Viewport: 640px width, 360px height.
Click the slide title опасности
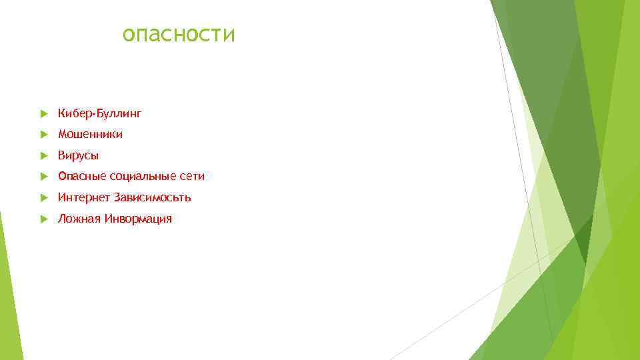[x=179, y=34]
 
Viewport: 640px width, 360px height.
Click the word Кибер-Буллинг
[x=99, y=114]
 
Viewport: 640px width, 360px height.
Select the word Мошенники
[x=90, y=135]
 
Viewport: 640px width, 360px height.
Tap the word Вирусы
[x=78, y=156]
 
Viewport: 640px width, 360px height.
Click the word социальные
[x=141, y=177]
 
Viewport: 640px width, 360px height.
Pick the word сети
[x=192, y=177]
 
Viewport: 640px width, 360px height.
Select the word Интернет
[x=84, y=197]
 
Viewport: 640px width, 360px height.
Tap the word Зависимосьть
[x=153, y=197]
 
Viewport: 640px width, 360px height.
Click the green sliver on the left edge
[x=8, y=293]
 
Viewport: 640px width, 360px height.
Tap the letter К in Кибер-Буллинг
[x=61, y=114]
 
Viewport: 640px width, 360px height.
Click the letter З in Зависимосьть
[x=117, y=197]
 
